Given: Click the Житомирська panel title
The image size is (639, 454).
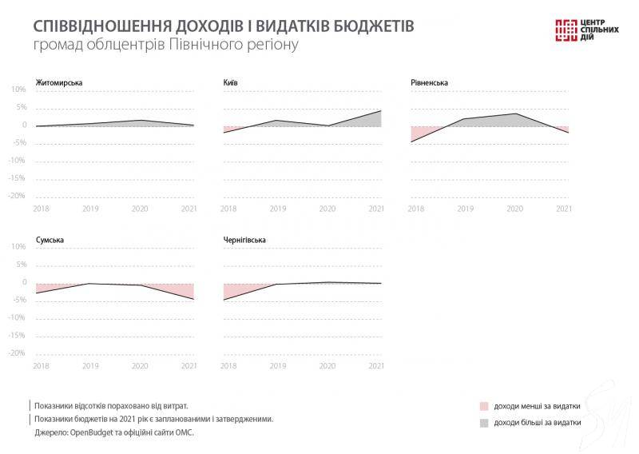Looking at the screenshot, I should pyautogui.click(x=59, y=83).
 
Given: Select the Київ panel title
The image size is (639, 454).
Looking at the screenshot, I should pyautogui.click(x=230, y=83).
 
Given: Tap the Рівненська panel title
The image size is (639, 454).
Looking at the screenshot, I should pyautogui.click(x=429, y=83).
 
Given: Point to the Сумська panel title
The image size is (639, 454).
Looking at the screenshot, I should pyautogui.click(x=50, y=240).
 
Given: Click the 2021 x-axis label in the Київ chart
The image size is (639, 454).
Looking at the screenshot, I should pyautogui.click(x=376, y=209).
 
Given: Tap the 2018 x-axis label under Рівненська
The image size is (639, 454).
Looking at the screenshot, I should pyautogui.click(x=416, y=209).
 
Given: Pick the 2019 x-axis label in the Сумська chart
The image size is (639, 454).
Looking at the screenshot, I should pyautogui.click(x=89, y=366).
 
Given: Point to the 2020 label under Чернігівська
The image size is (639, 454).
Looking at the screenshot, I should pyautogui.click(x=327, y=366).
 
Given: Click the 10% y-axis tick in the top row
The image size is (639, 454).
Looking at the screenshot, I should pyautogui.click(x=18, y=90).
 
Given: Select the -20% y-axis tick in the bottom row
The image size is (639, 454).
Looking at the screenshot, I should pyautogui.click(x=17, y=352).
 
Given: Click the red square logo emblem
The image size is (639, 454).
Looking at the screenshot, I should pyautogui.click(x=566, y=28).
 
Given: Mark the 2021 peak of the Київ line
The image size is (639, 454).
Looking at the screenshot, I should pyautogui.click(x=381, y=110).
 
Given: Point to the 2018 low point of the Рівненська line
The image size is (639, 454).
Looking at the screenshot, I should pyautogui.click(x=411, y=141).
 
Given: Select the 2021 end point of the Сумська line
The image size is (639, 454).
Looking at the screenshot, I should pyautogui.click(x=194, y=299).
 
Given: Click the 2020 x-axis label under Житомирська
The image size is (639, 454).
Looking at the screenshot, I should pyautogui.click(x=140, y=209).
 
